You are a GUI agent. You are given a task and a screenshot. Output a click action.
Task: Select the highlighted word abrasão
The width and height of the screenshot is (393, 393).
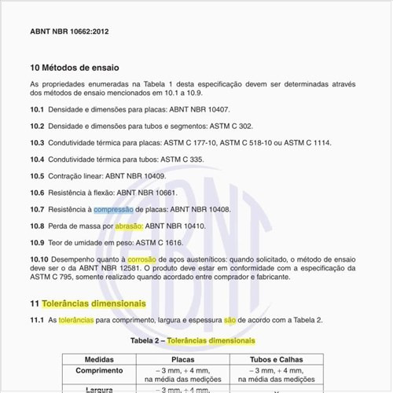click(x=129, y=226)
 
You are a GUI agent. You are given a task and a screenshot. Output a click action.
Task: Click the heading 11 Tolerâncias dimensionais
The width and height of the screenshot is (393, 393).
click(x=88, y=303)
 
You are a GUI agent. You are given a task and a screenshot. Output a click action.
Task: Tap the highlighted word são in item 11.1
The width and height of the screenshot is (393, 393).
click(x=230, y=320)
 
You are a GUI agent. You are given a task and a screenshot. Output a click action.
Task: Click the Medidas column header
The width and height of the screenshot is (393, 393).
click(x=99, y=358)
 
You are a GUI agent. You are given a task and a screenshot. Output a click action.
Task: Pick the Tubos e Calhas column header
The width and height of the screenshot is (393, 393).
click(x=270, y=358)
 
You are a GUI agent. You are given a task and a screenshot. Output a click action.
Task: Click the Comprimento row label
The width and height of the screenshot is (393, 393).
click(x=99, y=369)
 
